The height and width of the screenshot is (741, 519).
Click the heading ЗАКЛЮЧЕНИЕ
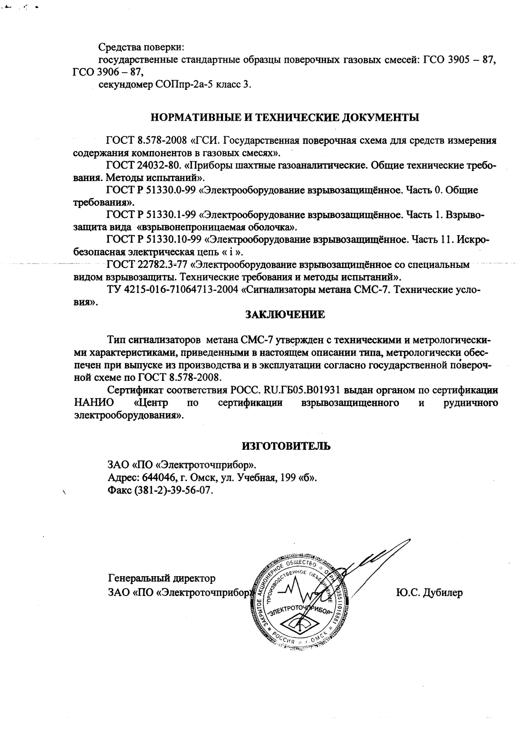click(x=285, y=314)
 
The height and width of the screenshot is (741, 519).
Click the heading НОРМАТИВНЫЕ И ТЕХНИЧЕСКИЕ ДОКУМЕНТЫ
click(x=285, y=117)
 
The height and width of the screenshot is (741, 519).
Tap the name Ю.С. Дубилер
click(x=428, y=593)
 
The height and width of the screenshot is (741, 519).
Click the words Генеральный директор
click(x=162, y=579)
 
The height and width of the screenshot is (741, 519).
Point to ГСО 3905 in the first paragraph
click(x=438, y=60)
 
